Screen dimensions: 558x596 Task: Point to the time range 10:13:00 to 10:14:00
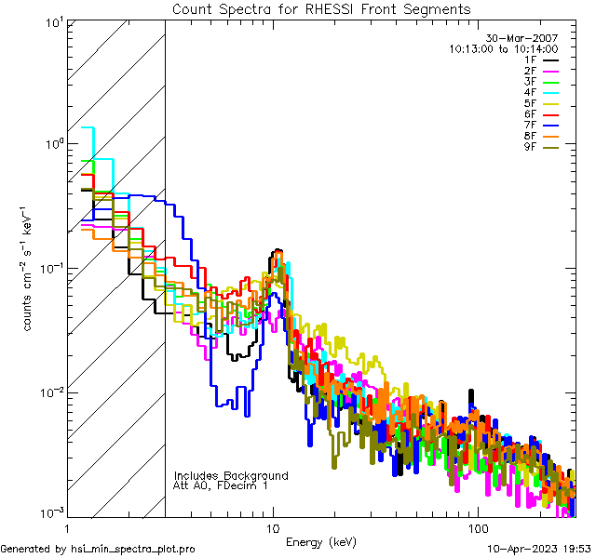(503, 48)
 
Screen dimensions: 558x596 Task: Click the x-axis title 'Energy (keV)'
(321, 541)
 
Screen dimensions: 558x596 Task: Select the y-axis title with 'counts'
(30, 268)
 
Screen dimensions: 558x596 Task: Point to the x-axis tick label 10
(272, 527)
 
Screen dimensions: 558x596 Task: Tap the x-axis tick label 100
(477, 527)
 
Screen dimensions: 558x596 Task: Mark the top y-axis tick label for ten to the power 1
(52, 22)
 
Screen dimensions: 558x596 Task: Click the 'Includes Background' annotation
(231, 475)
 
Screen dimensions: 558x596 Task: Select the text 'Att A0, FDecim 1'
(221, 485)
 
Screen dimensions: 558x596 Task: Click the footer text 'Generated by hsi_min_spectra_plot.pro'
(98, 549)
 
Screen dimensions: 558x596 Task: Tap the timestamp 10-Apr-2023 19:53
(538, 549)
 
